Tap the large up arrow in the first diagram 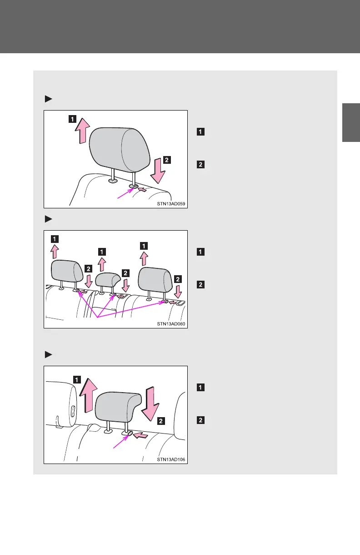point(82,130)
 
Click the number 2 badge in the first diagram point(167,160)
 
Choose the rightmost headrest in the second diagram point(155,278)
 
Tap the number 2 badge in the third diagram point(161,421)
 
